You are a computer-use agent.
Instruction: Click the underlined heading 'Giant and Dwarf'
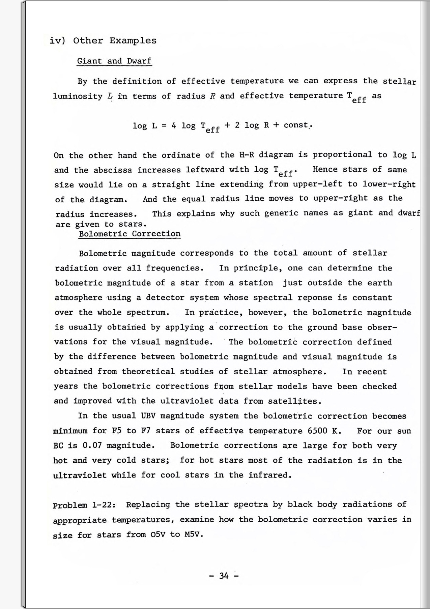tap(114, 61)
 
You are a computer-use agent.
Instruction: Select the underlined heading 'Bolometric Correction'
tap(130, 234)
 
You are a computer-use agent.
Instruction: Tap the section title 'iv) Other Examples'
tap(103, 41)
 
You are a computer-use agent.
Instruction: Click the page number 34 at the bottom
tap(224, 576)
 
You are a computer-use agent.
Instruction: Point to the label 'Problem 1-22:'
tap(85, 505)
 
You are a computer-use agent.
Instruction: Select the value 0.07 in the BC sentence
tap(92, 445)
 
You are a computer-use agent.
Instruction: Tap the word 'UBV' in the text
tap(148, 416)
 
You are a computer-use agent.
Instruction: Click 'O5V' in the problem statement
tap(157, 534)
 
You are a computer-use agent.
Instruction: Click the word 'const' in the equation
tap(296, 125)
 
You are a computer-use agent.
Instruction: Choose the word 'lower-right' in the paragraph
tap(389, 184)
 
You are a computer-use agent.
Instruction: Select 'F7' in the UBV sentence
tap(146, 431)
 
